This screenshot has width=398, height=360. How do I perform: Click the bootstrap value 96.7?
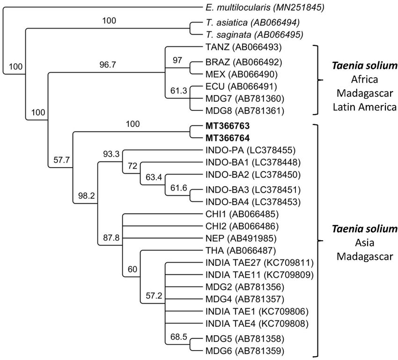pyautogui.click(x=107, y=65)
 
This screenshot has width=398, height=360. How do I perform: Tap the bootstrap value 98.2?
pyautogui.click(x=85, y=196)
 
